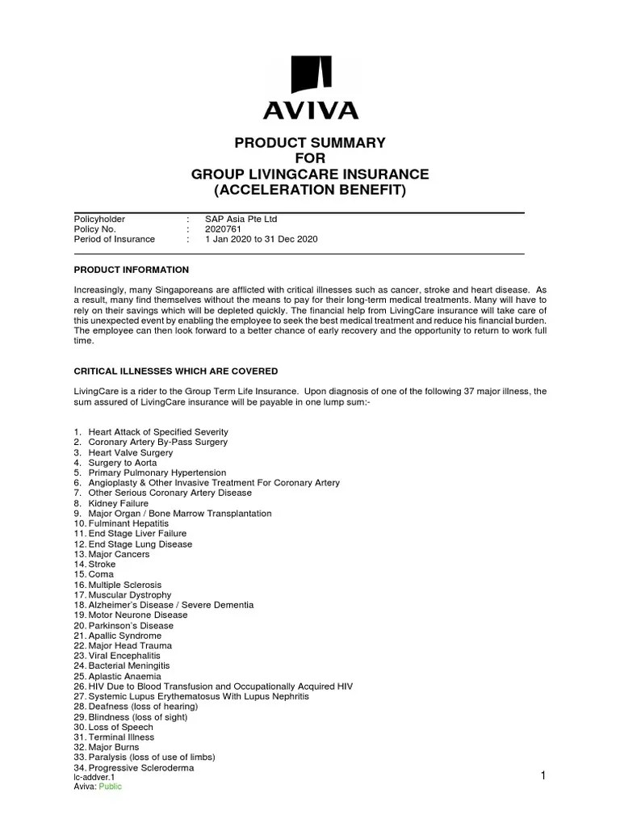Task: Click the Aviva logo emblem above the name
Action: pos(310,76)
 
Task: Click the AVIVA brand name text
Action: pos(310,110)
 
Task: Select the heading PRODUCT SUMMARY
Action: pos(310,143)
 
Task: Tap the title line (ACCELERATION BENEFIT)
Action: pos(310,191)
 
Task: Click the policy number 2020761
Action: pos(224,229)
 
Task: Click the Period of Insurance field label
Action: pos(114,240)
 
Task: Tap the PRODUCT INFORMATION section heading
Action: pos(131,270)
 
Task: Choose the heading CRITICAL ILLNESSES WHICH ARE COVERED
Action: pos(176,372)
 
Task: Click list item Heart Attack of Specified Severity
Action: pos(158,432)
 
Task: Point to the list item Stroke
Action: pos(102,565)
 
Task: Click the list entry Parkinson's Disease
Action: pos(131,625)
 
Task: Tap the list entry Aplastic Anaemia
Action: pos(124,676)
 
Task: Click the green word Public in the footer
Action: pos(111,787)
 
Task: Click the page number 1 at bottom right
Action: pos(544,776)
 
